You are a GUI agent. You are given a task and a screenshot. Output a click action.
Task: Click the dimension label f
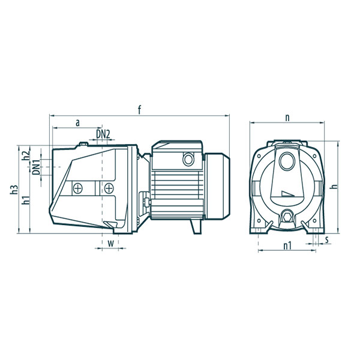(139, 110)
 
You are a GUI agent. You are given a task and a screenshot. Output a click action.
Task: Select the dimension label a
(78, 123)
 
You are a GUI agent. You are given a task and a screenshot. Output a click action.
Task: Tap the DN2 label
(103, 134)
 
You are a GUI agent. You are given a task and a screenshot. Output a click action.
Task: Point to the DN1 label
(36, 167)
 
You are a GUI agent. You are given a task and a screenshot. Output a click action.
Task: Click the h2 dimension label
(26, 155)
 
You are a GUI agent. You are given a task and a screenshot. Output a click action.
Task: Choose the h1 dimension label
(26, 200)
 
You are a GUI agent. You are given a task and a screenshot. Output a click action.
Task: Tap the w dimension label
(111, 244)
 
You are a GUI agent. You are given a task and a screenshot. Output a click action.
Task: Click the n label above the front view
(287, 118)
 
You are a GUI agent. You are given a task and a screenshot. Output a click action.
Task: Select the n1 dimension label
(287, 246)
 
